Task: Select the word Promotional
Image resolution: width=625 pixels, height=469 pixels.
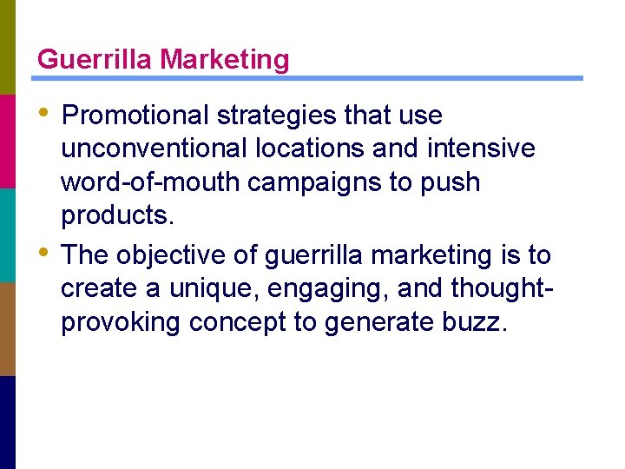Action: pyautogui.click(x=135, y=116)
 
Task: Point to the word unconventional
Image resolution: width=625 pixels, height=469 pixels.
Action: pyautogui.click(x=155, y=149)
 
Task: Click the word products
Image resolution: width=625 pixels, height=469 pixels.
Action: pyautogui.click(x=117, y=216)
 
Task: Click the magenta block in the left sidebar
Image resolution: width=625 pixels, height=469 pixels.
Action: pyautogui.click(x=8, y=141)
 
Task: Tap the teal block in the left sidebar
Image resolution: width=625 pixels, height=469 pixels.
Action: pyautogui.click(x=8, y=234)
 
